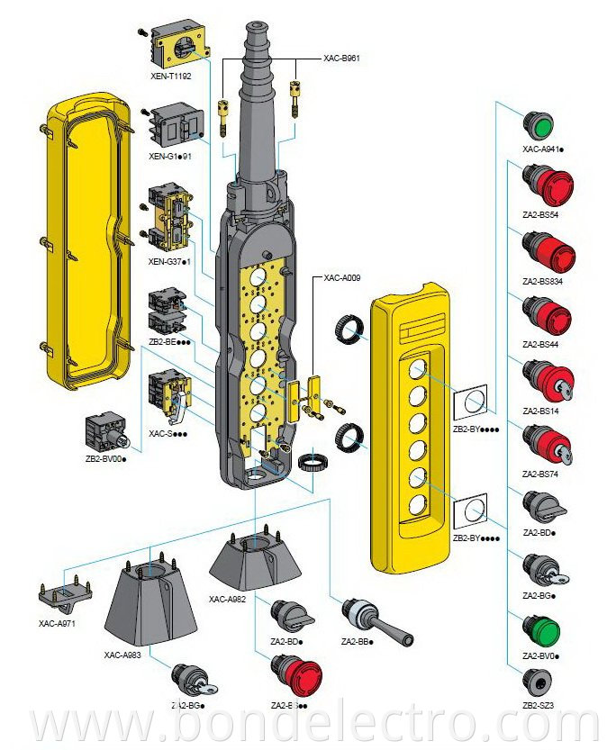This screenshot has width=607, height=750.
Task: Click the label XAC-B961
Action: pos(341,58)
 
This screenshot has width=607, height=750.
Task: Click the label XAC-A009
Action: pos(342,278)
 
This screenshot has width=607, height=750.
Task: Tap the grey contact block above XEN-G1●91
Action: pos(177,125)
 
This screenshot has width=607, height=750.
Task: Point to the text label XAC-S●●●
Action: pos(167,433)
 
